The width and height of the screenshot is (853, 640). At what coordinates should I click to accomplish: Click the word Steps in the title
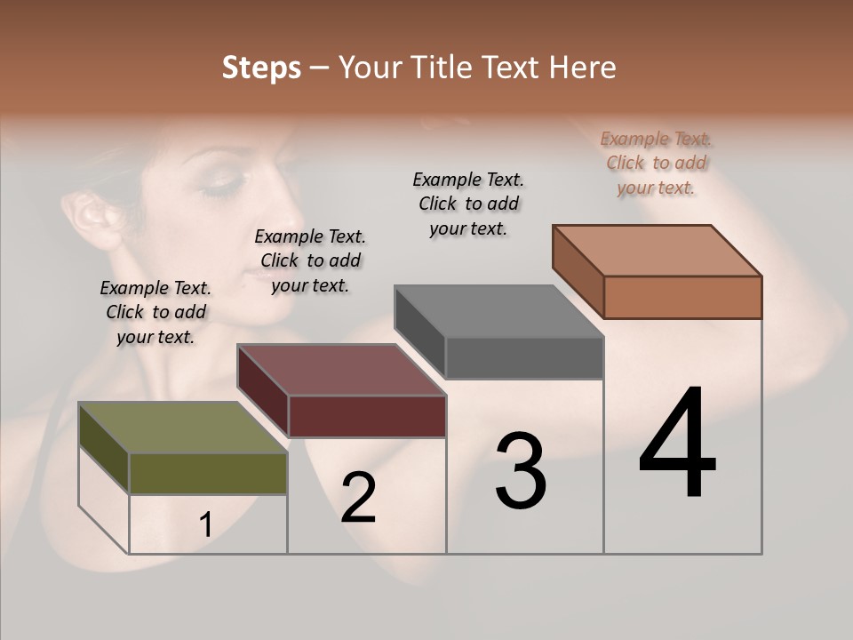(261, 68)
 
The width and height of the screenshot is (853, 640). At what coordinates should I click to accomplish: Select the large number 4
(678, 444)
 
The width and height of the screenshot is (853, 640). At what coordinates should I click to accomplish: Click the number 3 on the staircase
(521, 471)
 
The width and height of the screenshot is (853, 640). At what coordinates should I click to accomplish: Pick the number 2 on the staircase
(359, 498)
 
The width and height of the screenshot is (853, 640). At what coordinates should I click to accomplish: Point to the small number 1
(206, 525)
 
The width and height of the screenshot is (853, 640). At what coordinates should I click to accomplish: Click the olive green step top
(182, 428)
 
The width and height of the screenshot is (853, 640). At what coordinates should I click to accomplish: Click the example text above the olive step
(155, 312)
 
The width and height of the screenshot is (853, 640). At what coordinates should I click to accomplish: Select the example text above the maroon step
(310, 260)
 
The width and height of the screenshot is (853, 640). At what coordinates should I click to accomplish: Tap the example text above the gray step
(468, 204)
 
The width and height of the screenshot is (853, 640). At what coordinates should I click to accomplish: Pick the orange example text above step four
(657, 163)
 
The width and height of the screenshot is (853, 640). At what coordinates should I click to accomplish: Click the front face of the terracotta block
(682, 297)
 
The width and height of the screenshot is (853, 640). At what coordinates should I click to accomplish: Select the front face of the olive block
(208, 473)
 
